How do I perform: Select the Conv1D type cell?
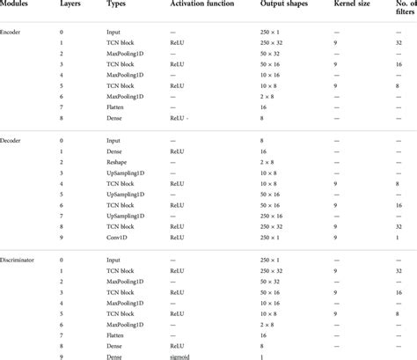pyautogui.click(x=119, y=236)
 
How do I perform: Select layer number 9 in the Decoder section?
pyautogui.click(x=62, y=236)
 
